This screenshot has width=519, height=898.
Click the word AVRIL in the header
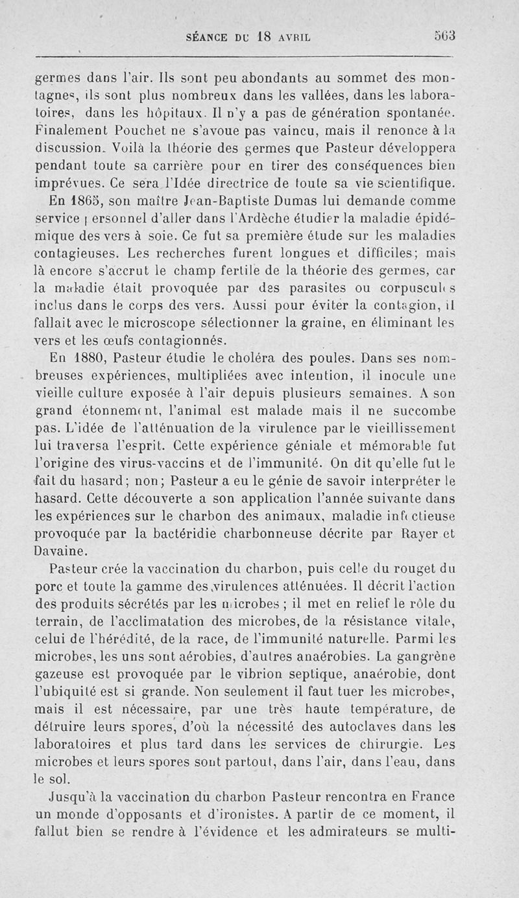pyautogui.click(x=296, y=37)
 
